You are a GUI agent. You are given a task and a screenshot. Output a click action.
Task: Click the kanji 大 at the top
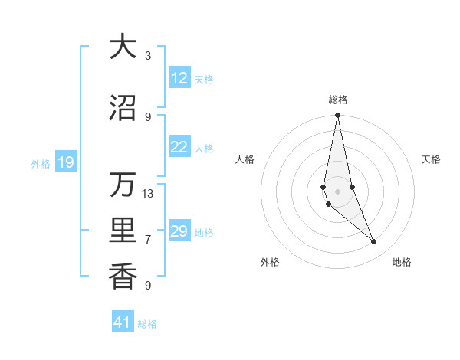pos(123,47)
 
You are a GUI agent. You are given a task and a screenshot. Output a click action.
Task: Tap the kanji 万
pos(123,185)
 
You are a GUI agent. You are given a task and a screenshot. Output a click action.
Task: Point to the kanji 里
pos(123,231)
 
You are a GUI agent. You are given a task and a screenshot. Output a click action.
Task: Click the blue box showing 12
pos(179,78)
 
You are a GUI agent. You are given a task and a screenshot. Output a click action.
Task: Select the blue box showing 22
pos(179,147)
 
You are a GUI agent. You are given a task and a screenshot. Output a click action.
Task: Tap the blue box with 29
pos(179,231)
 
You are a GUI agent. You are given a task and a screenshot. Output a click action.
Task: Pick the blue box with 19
pos(65,162)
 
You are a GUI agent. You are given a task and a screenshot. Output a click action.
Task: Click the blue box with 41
pos(123,322)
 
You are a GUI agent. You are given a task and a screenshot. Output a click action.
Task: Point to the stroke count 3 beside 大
pos(148,56)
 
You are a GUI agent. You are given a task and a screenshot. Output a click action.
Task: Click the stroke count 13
pos(148,194)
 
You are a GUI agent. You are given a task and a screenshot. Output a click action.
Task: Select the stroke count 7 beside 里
pos(148,240)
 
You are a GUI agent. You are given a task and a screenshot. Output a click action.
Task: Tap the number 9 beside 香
pos(148,286)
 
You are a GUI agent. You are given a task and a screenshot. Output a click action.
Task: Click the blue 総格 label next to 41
pos(147,324)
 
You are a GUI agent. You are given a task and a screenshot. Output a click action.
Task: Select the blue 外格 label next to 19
pos(41,163)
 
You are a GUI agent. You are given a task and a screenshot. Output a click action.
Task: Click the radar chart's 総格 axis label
pos(337,100)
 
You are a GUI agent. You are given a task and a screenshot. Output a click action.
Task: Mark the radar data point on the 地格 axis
pos(374,242)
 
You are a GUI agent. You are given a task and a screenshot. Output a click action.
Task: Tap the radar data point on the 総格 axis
pos(337,116)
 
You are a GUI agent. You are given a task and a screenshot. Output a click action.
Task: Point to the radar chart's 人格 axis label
pos(245,159)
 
